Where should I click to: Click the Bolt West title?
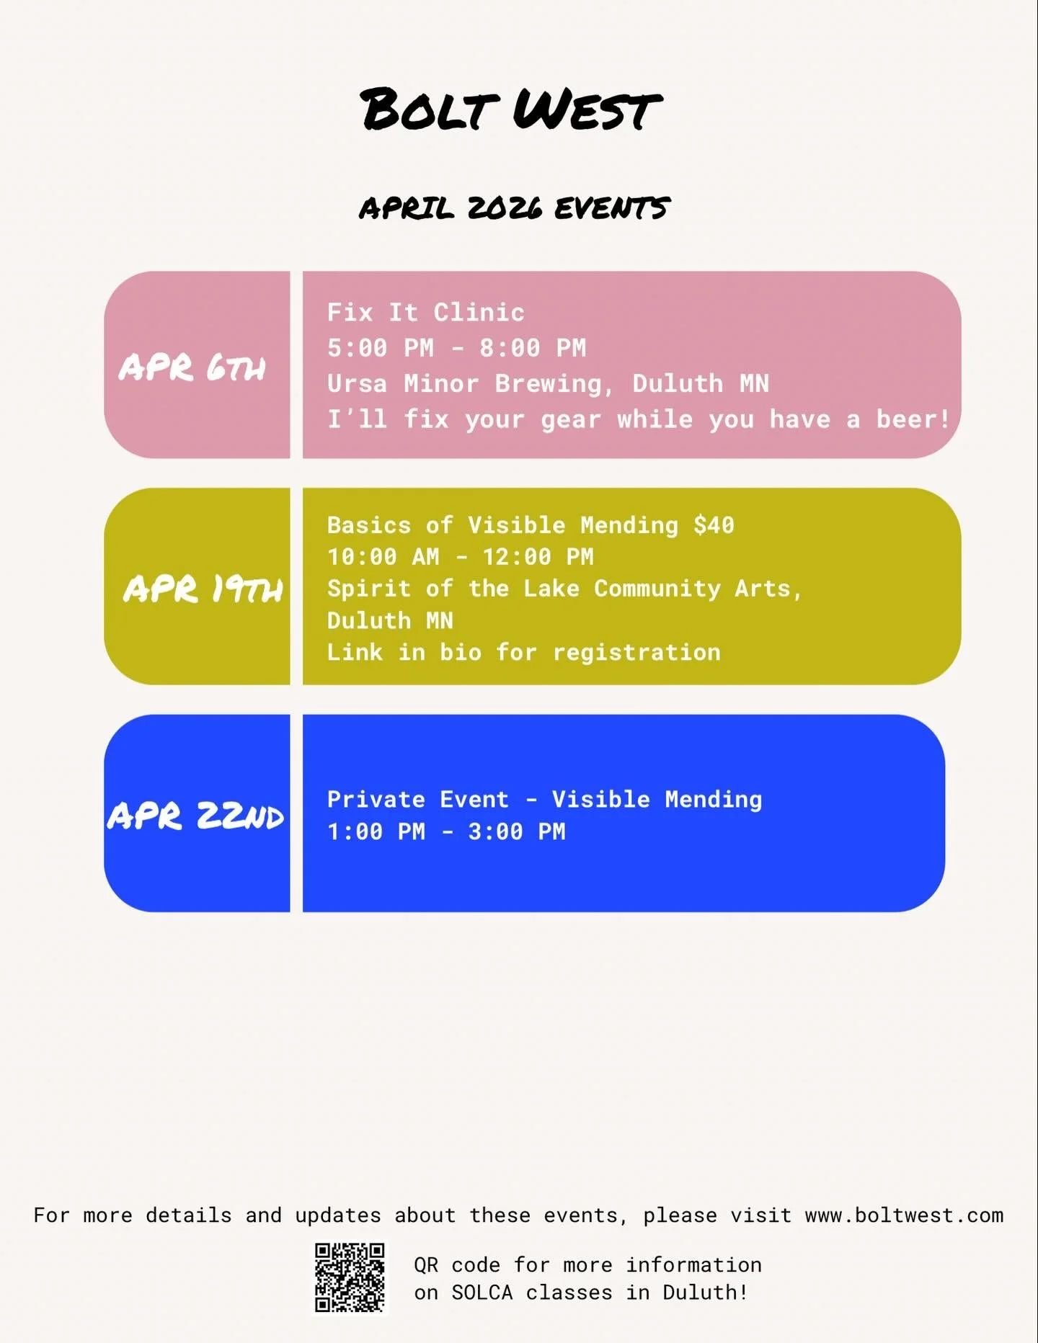(510, 110)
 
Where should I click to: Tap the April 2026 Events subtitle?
(514, 208)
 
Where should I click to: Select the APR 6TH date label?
(192, 367)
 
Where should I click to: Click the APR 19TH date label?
(203, 589)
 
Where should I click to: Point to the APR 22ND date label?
(196, 816)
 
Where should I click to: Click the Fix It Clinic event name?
(425, 312)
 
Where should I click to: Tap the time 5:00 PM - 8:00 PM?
(456, 348)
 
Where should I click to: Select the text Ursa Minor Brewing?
(464, 383)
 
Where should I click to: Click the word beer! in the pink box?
(913, 419)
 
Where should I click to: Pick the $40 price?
(714, 525)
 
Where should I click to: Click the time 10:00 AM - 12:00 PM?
(460, 557)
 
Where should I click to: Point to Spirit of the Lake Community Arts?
(563, 589)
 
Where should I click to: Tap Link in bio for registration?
(523, 653)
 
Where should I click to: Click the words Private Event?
(417, 800)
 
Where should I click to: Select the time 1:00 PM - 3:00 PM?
(446, 832)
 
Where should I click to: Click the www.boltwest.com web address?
(904, 1215)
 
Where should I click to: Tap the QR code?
(350, 1277)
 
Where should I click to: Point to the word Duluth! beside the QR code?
(705, 1293)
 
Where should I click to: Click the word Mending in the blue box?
(713, 800)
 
